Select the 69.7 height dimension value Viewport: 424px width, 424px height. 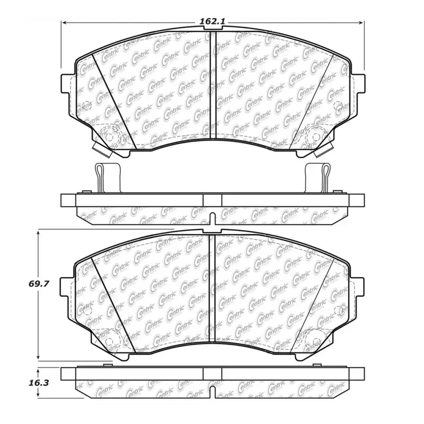(x=39, y=284)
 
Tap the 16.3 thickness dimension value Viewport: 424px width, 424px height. (x=39, y=381)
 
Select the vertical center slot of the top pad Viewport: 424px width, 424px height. (x=213, y=85)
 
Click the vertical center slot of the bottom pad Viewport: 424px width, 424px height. (x=213, y=289)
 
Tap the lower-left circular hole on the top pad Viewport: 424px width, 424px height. (x=110, y=136)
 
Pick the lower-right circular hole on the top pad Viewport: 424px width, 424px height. (x=316, y=136)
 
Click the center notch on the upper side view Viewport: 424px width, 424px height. (x=213, y=218)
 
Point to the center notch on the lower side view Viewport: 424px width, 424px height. (x=213, y=392)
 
